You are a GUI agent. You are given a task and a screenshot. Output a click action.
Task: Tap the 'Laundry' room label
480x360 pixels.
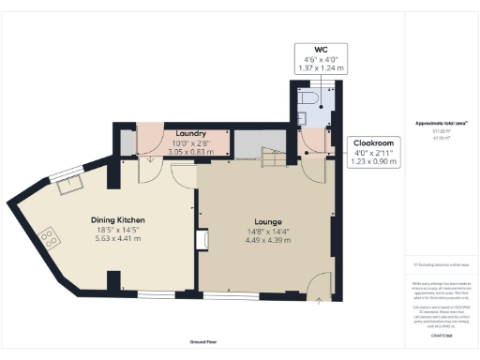177,133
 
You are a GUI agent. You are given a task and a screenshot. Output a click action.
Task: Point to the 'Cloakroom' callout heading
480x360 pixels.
374,143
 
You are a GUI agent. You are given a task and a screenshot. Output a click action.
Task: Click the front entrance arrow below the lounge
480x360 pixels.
318,299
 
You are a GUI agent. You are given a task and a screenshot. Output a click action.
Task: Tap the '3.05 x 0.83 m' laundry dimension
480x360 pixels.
177,151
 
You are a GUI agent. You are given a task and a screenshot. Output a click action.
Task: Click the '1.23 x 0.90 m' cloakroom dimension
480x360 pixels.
374,161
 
